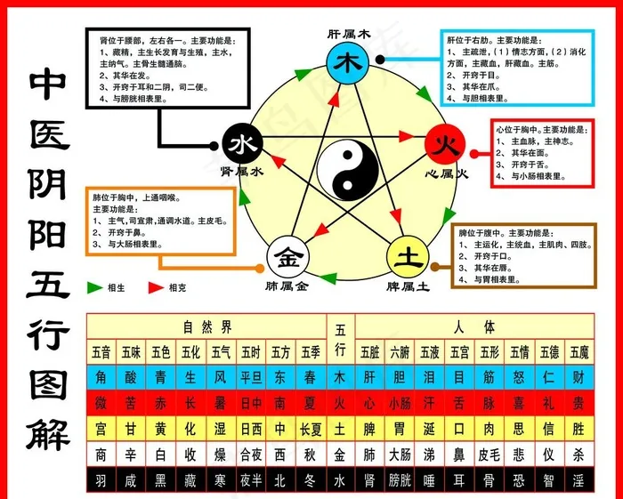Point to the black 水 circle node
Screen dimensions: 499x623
click(x=241, y=144)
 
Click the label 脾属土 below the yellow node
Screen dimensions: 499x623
click(x=409, y=286)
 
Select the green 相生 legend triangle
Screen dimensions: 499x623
click(x=94, y=288)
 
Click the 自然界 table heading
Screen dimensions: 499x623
click(x=206, y=326)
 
